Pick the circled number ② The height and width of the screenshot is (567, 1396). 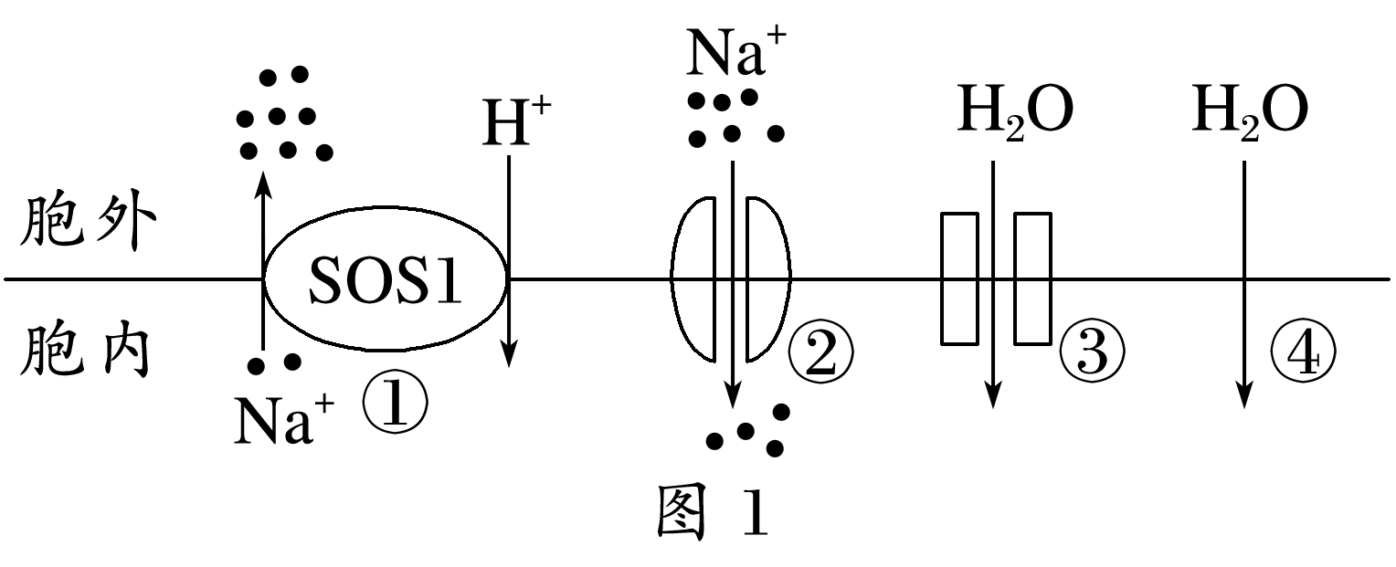coord(819,353)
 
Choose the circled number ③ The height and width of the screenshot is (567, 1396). coord(1091,353)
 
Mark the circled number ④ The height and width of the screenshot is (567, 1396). coord(1302,353)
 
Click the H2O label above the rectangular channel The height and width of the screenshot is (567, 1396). coord(1015,111)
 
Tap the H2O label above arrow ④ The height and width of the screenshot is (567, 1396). coord(1250,111)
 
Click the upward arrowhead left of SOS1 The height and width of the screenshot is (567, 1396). coord(263,181)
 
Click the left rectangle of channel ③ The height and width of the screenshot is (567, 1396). coord(959,278)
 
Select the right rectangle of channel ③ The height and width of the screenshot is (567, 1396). coord(1032,278)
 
